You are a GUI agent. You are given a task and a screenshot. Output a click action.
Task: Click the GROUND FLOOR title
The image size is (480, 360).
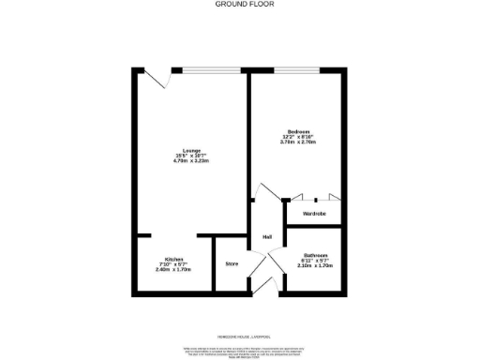[x=239, y=4]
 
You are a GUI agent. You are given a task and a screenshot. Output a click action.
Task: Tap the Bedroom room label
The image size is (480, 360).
[x=299, y=130]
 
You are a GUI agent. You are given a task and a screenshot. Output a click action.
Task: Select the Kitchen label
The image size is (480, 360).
[x=174, y=259]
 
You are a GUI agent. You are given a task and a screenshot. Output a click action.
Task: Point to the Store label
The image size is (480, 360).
[x=232, y=264]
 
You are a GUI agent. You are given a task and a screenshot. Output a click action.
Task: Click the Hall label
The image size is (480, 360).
[x=267, y=235]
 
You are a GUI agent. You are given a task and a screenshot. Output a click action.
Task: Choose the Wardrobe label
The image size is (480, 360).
[x=313, y=215]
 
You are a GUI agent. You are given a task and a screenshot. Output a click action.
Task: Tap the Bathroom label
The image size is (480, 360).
[x=315, y=256]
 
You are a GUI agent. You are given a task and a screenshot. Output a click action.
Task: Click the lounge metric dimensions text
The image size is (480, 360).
[x=190, y=161]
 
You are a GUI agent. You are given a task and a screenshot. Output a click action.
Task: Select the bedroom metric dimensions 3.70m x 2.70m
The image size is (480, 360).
[x=299, y=142]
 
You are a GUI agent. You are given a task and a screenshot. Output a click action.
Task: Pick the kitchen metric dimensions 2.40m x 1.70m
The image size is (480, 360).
[x=174, y=269]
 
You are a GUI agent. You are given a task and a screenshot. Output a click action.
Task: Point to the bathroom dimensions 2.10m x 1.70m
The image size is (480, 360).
[x=315, y=265]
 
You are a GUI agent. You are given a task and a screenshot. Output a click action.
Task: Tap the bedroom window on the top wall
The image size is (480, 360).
[x=295, y=68]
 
